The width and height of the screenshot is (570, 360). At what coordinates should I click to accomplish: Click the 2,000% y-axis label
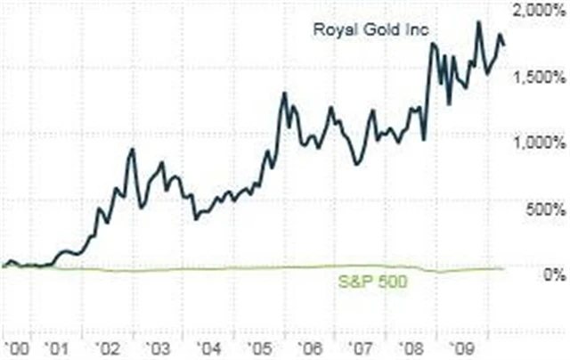(x=538, y=11)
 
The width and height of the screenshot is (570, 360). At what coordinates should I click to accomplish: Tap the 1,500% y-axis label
(x=538, y=77)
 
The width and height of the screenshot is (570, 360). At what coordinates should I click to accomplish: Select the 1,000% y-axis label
(x=538, y=143)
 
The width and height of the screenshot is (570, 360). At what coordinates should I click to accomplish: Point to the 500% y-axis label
(x=543, y=209)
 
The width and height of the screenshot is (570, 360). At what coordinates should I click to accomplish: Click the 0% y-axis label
(x=552, y=275)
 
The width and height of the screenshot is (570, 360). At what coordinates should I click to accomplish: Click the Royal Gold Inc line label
(x=370, y=29)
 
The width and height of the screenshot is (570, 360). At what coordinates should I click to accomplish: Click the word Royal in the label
(x=330, y=29)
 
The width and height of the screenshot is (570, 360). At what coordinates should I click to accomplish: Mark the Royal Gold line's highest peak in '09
(x=479, y=22)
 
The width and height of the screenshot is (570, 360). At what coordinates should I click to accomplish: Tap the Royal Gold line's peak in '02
(x=132, y=150)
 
